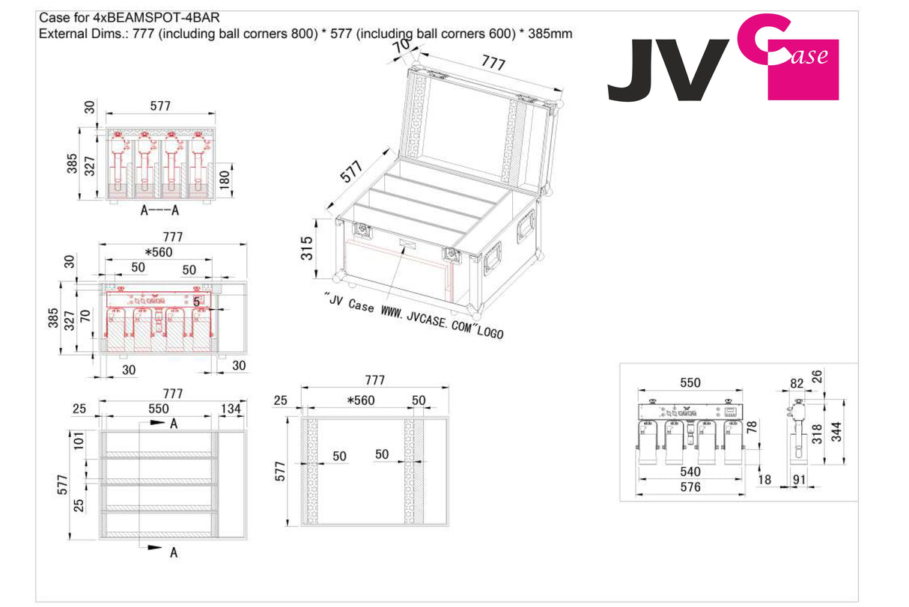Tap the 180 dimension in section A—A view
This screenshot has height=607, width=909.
tap(225, 179)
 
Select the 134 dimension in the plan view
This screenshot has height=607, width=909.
tap(231, 409)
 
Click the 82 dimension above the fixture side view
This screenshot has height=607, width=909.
tap(797, 383)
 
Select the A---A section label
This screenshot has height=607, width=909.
tap(159, 211)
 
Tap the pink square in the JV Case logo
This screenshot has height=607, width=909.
tap(803, 71)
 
